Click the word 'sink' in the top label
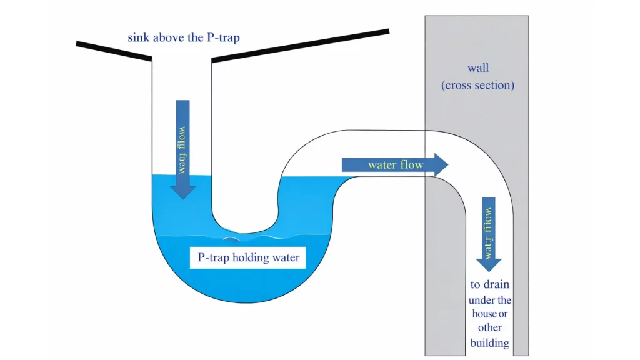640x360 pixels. point(139,38)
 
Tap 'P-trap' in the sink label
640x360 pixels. point(222,38)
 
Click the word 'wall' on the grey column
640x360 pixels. point(478,67)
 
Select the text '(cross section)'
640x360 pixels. point(478,86)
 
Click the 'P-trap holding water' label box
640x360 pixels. point(249,257)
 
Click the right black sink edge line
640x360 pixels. point(300,45)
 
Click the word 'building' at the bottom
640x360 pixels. point(489,342)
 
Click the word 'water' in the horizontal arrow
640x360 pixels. point(382,165)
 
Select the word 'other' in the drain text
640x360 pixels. point(489,328)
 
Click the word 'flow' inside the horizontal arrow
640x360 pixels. point(412,165)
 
